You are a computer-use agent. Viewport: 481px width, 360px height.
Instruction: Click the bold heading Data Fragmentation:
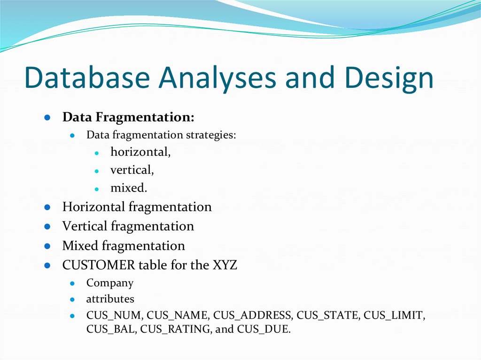coord(128,117)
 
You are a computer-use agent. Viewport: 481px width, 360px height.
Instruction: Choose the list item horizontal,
coord(140,152)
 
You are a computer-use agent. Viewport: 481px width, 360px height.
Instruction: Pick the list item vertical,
coord(132,170)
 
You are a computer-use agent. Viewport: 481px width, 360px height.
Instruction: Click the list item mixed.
coord(129,188)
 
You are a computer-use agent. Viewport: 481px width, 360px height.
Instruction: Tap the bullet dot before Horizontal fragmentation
coord(47,207)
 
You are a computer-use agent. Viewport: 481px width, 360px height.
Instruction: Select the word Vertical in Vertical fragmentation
coord(85,226)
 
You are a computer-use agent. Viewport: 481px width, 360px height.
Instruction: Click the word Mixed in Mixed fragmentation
coord(80,245)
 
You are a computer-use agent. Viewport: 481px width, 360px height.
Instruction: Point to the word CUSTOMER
coord(99,265)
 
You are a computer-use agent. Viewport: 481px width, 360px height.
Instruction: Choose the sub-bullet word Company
coord(110,283)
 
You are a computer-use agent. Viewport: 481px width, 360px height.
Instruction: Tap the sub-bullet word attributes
coord(110,299)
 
